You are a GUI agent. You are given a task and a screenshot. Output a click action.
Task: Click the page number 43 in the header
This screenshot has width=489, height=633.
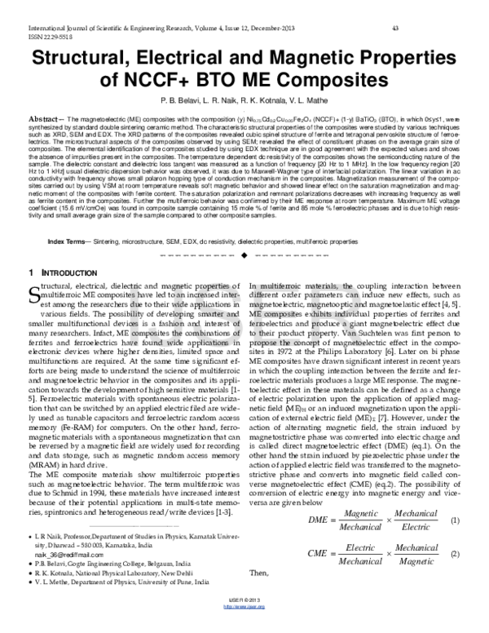click(394, 29)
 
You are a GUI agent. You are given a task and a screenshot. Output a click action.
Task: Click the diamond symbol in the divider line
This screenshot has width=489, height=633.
click(244, 234)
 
